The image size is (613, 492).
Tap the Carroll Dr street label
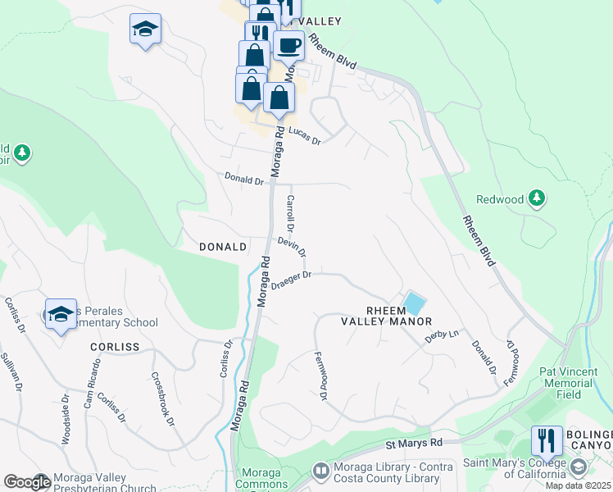(290, 212)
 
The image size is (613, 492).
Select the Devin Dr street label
(292, 245)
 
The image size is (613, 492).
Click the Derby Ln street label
(442, 335)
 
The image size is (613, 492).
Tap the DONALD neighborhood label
(223, 247)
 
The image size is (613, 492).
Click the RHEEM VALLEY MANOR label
(387, 315)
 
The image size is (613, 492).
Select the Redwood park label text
(500, 199)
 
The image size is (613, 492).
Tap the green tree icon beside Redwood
(537, 198)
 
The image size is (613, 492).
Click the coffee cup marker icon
(288, 46)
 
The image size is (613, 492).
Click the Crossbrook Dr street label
(162, 399)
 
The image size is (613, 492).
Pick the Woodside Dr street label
(65, 418)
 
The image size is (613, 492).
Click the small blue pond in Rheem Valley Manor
(414, 303)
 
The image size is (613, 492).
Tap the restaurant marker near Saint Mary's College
(547, 440)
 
